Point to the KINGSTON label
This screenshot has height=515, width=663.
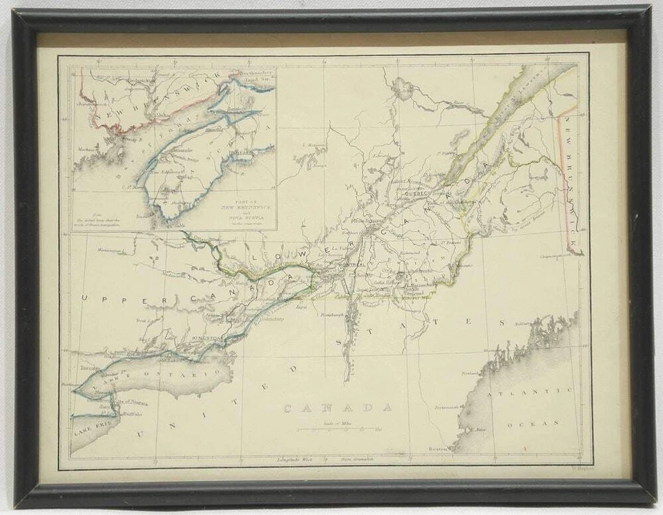(x=205, y=338)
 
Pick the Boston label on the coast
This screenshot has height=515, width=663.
(x=437, y=449)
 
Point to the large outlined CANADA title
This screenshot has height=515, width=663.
(x=338, y=408)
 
